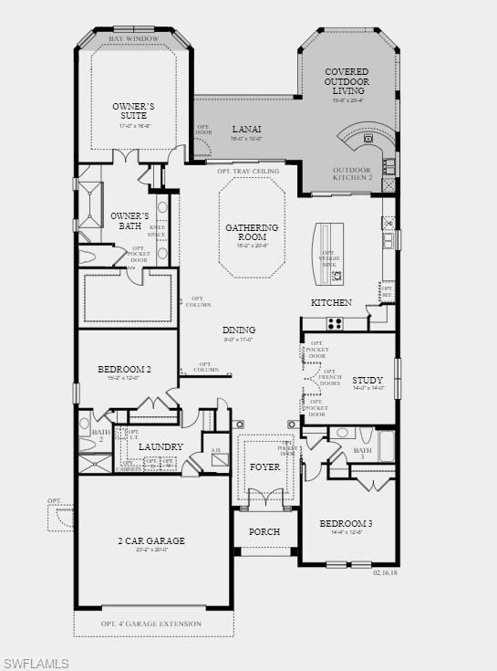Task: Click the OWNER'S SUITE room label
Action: [133, 111]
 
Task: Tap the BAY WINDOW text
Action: [133, 39]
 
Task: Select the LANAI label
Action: [246, 130]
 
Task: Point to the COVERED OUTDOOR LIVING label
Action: [347, 81]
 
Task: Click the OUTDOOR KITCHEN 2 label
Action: [352, 173]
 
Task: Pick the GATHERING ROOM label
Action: [252, 233]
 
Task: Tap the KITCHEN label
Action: [331, 302]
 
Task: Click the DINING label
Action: [239, 330]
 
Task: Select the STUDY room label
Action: [368, 380]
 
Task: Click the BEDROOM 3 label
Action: [346, 523]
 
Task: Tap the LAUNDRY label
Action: [160, 446]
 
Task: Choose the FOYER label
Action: [265, 467]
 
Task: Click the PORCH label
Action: [264, 531]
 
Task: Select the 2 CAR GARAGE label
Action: [151, 540]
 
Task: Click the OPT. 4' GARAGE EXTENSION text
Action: [150, 624]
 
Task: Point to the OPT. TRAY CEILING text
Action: [248, 171]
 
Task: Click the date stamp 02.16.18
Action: [386, 572]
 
